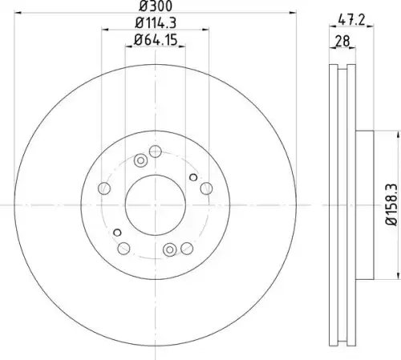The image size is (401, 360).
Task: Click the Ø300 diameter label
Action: coord(156,6)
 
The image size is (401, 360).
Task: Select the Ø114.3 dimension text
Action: coord(156,23)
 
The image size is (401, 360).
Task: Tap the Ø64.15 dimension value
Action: coord(156,40)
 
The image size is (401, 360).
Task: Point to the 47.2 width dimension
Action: coord(351,20)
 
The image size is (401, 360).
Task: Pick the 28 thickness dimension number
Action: coord(342,41)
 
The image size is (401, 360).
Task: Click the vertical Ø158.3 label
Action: coord(392,204)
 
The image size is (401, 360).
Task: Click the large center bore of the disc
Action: coord(156,205)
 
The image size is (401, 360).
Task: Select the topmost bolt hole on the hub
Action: coord(156,152)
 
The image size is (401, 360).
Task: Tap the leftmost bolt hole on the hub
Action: coord(104,188)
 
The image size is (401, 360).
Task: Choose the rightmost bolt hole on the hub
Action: coord(206,188)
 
